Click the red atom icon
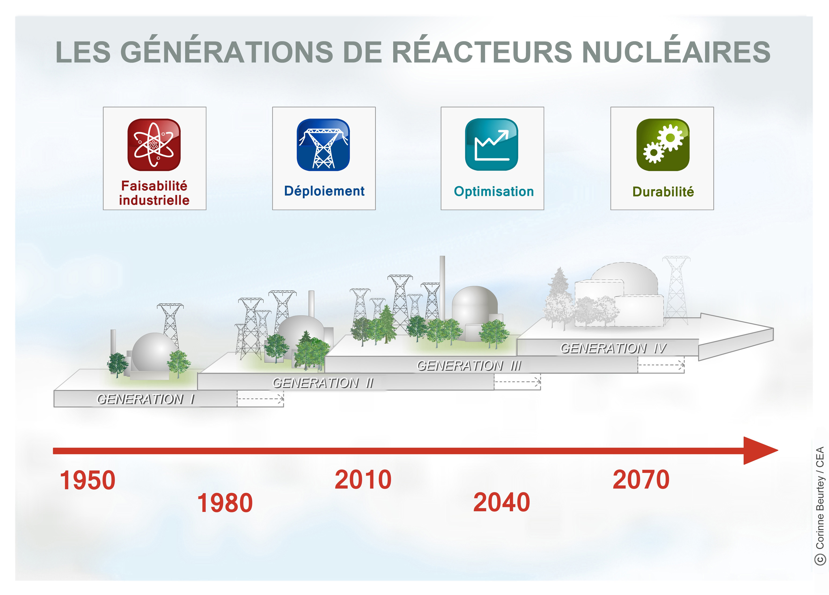(x=154, y=145)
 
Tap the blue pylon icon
(x=323, y=145)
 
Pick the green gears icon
(x=663, y=145)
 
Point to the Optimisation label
(x=494, y=191)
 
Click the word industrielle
(x=154, y=200)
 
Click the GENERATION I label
(x=146, y=399)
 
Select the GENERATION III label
(x=469, y=365)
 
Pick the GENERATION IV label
(x=613, y=348)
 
